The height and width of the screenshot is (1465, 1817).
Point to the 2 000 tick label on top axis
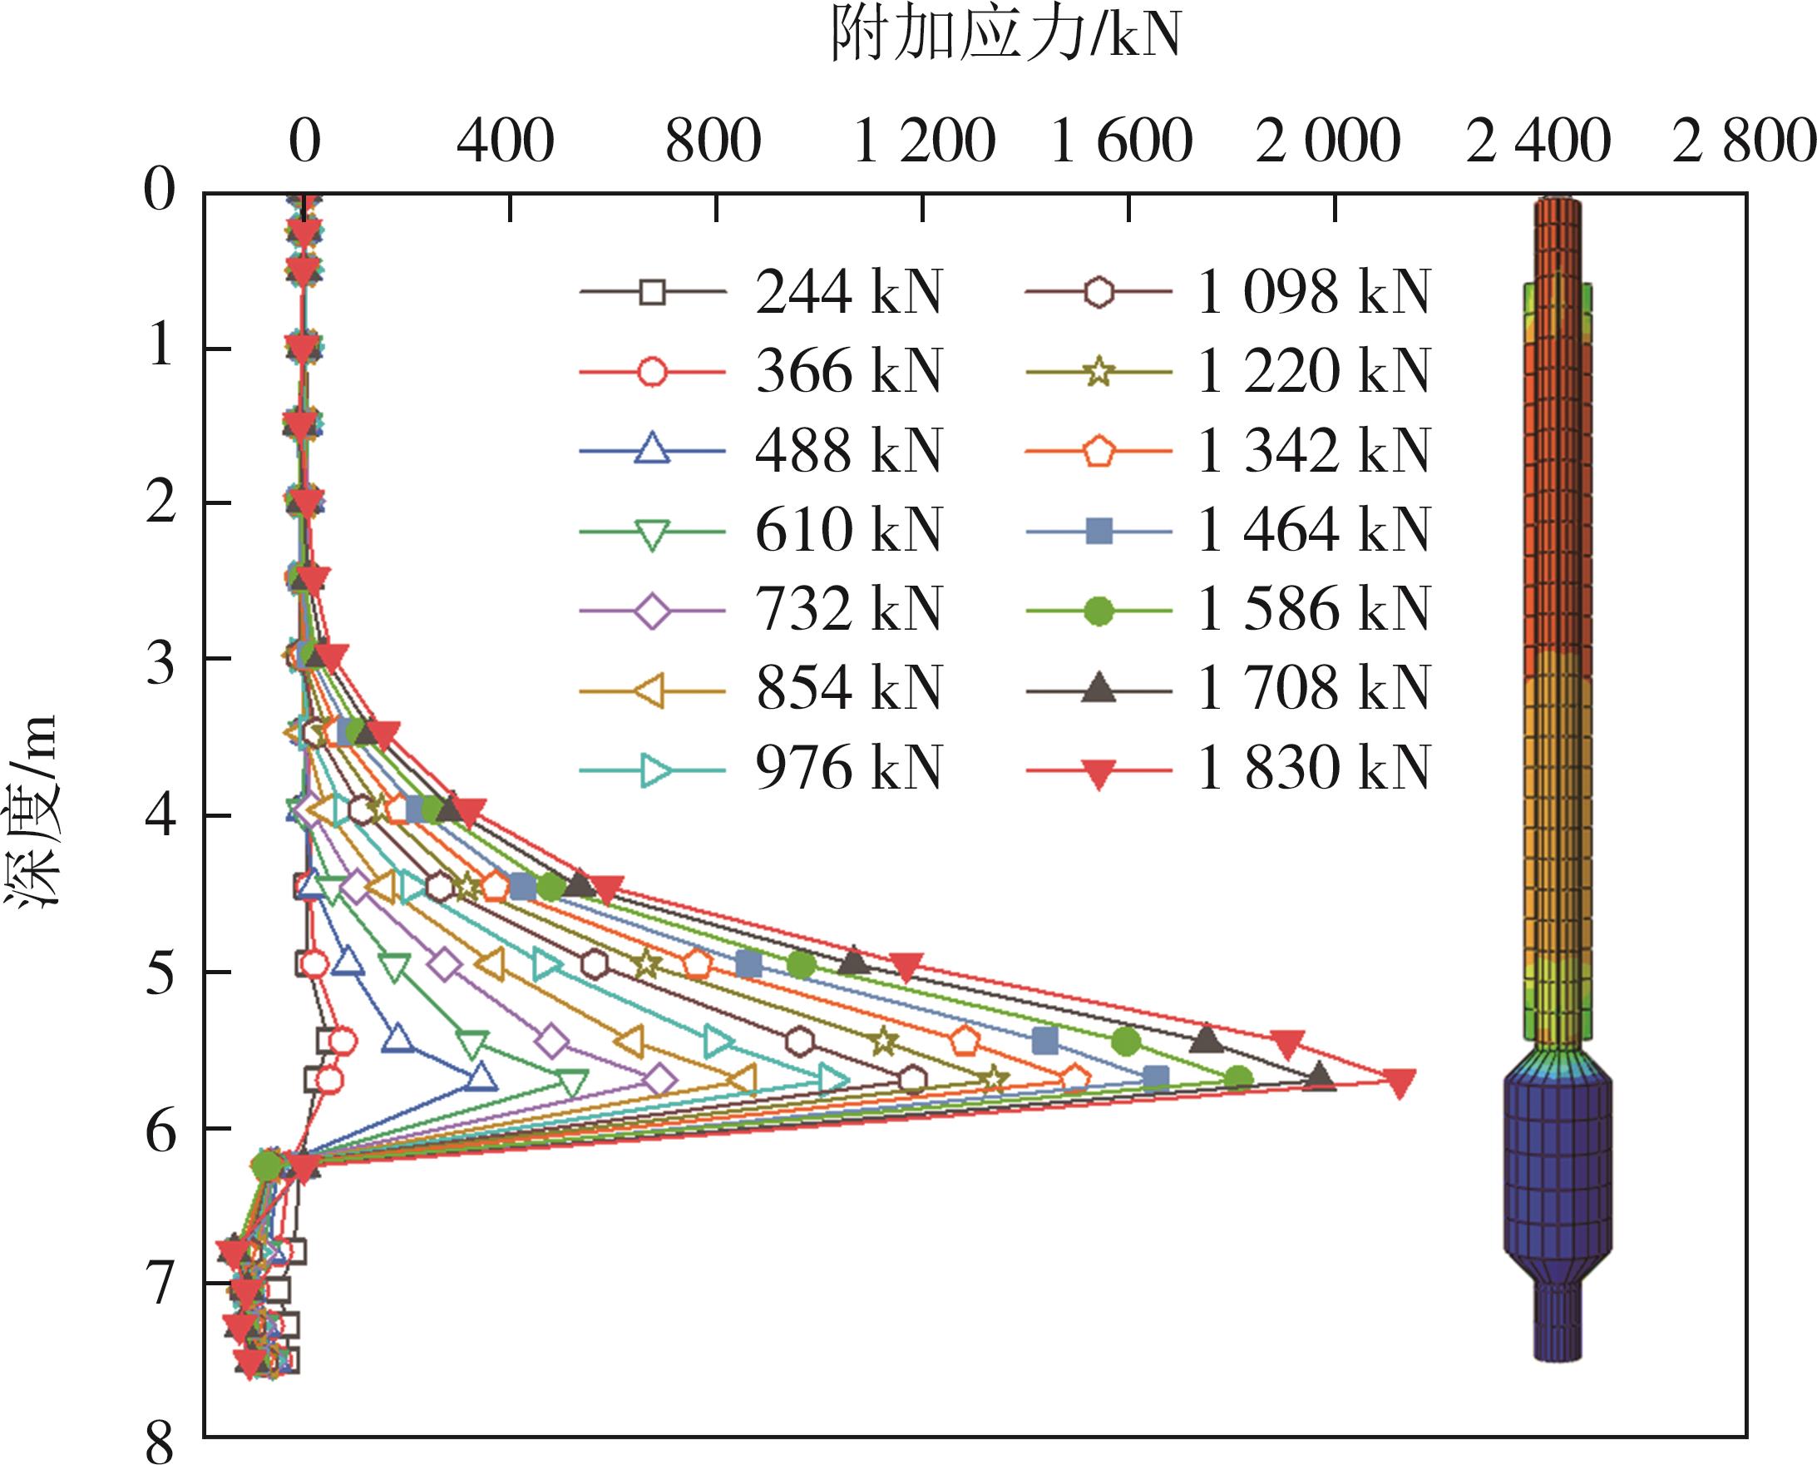1328,141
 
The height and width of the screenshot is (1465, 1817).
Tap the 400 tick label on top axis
506,141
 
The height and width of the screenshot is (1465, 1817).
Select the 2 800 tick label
1743,141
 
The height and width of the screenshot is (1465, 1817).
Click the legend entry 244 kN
847,293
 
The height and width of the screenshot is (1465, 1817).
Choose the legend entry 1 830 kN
1312,769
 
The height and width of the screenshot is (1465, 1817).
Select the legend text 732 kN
847,610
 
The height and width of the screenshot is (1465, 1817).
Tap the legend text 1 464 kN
1312,531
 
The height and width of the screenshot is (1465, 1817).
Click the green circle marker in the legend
1099,610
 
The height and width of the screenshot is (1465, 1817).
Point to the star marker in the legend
1099,371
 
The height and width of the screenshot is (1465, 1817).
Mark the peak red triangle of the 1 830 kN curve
1400,1082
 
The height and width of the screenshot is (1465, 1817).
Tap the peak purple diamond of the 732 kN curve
659,1080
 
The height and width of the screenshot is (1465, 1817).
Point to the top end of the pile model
1557,200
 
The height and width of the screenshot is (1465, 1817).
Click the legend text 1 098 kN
1312,293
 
